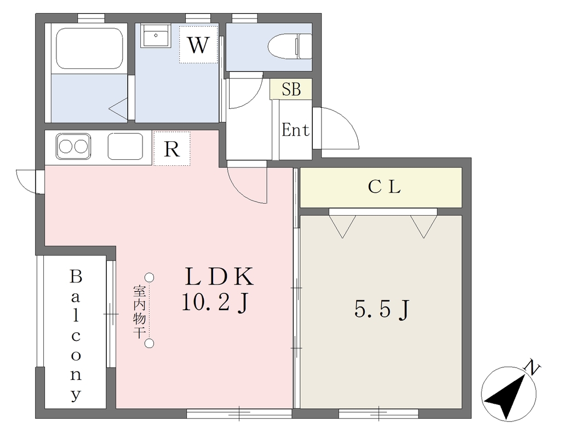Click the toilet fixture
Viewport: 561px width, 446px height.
[x=290, y=46]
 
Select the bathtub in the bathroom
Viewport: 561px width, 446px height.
[x=89, y=48]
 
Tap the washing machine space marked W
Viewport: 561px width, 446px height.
[x=198, y=45]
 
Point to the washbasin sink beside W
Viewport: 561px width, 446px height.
[x=156, y=36]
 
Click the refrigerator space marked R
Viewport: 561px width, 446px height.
[x=171, y=148]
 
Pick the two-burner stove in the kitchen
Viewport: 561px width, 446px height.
[x=73, y=147]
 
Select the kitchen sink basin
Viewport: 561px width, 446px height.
[x=125, y=147]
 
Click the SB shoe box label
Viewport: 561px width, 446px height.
[x=291, y=89]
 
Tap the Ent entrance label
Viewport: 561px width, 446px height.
[x=295, y=130]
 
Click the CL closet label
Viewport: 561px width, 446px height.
[x=384, y=187]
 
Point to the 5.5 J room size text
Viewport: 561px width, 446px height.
[x=382, y=309]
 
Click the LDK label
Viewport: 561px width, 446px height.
[x=219, y=276]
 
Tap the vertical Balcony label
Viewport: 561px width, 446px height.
[x=76, y=335]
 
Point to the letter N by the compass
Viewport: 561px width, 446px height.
[x=533, y=368]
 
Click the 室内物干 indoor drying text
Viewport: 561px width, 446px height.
[x=139, y=311]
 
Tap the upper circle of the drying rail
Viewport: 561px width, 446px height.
[x=150, y=277]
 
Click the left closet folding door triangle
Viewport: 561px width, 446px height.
[x=342, y=224]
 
